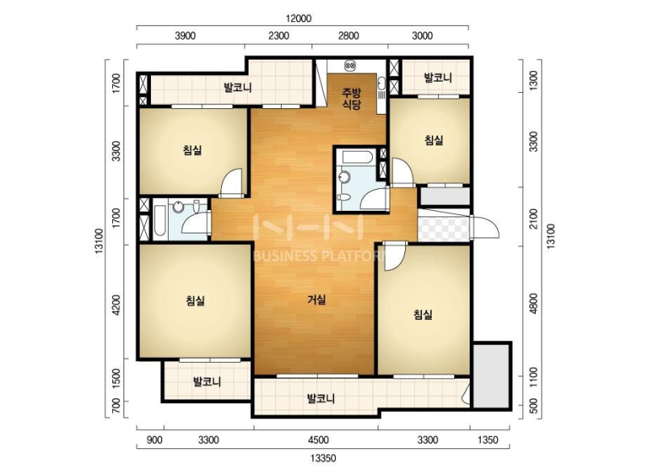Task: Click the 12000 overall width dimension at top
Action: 299,19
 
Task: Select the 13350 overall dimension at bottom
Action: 323,458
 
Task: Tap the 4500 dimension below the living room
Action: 318,439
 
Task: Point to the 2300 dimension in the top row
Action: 278,36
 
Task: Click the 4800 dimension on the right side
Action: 533,303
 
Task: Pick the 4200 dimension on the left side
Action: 116,305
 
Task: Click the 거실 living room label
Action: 316,300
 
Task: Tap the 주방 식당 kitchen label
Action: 352,99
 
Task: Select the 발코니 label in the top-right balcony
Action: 438,78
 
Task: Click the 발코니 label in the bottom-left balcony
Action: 207,381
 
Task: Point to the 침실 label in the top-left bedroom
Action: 193,149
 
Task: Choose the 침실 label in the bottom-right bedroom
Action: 423,315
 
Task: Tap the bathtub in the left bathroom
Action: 161,220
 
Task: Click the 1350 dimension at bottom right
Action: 488,439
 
